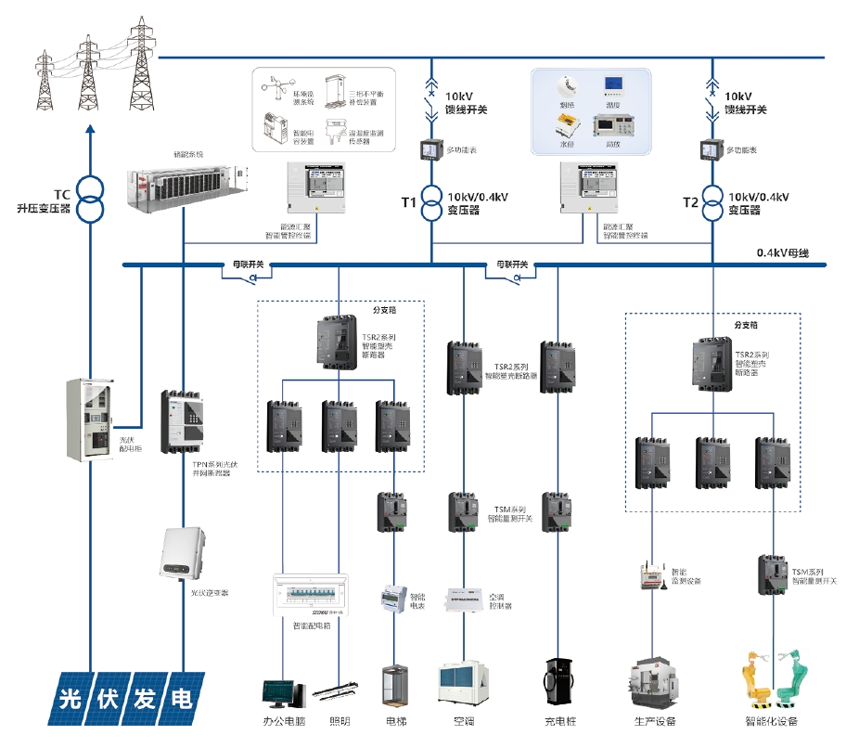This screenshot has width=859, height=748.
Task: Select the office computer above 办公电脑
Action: click(282, 692)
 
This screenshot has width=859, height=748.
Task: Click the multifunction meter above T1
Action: click(431, 148)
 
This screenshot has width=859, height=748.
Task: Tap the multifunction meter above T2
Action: click(712, 148)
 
